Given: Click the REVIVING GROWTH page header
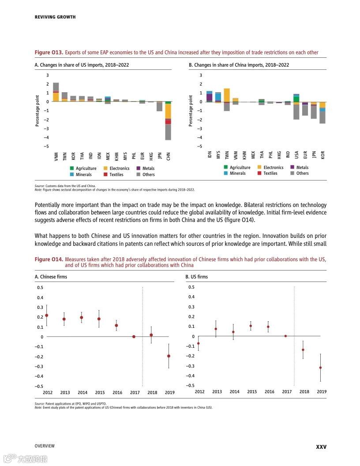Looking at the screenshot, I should pos(55,17).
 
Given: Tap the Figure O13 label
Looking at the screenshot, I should pos(49,53).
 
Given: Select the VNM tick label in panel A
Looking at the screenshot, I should pos(56,156).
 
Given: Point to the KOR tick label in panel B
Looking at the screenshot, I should pos(322,155).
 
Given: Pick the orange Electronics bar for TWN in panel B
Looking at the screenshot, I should pos(227,95).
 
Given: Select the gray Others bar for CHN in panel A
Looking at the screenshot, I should pos(168,132).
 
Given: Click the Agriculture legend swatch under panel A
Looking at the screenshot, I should pos(72,169).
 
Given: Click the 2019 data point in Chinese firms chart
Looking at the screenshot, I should pos(169,356).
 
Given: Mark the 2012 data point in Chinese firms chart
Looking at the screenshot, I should pos(47,315).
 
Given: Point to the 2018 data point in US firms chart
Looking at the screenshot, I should pos(303,349).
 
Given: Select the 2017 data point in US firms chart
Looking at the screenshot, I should pos(285,336).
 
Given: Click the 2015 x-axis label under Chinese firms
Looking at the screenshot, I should pos(100,393).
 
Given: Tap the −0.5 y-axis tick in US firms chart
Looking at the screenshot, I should pos(191,386).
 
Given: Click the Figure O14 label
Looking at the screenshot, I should pos(49,259).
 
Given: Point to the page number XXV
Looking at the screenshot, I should pos(321,447).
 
